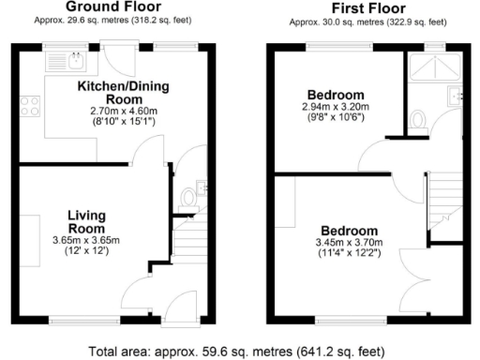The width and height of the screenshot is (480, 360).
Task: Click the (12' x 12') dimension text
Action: [86, 253]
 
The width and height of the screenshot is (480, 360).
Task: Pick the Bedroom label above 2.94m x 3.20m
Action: [335, 95]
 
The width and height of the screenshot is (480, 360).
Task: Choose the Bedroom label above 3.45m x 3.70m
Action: [350, 232]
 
